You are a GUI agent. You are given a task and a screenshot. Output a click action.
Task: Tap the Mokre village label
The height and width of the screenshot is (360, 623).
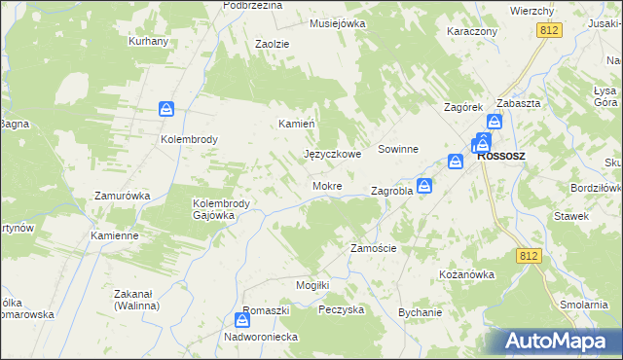pos(325,186)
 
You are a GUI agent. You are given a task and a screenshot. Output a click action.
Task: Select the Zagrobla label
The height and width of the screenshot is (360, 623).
pos(392,192)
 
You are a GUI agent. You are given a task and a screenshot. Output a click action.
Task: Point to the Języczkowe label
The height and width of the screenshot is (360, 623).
pos(333,154)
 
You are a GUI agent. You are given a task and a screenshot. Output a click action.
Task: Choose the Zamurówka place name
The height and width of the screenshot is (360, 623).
pos(122,196)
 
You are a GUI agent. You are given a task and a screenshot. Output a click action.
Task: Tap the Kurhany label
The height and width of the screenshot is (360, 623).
pos(149,42)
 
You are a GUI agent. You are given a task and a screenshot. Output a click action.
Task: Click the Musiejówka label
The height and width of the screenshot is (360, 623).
pos(337,22)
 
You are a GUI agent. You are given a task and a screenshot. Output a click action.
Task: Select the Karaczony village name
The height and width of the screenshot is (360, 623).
pos(472,31)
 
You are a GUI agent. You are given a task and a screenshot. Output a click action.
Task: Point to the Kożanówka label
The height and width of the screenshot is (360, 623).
pos(467,274)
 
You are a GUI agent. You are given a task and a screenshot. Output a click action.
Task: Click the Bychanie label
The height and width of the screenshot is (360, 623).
pos(421,312)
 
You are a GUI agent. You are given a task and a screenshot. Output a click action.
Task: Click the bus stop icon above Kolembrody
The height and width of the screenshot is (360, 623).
pos(166,111)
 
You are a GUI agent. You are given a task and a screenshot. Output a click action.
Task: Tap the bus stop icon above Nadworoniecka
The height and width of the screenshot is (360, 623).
pos(242,319)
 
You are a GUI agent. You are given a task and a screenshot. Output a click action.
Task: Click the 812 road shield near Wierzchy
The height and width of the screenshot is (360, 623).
pos(547,32)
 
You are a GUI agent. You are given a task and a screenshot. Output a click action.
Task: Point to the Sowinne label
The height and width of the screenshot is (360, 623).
pos(398,150)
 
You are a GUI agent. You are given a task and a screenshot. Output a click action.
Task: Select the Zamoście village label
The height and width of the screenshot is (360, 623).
pos(373,248)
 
